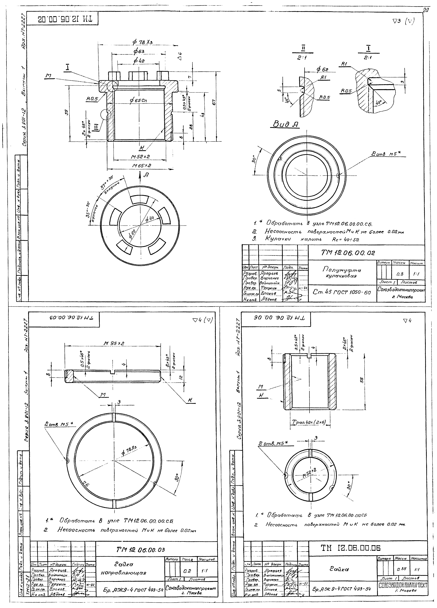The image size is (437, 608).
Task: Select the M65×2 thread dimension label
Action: click(142, 166)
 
